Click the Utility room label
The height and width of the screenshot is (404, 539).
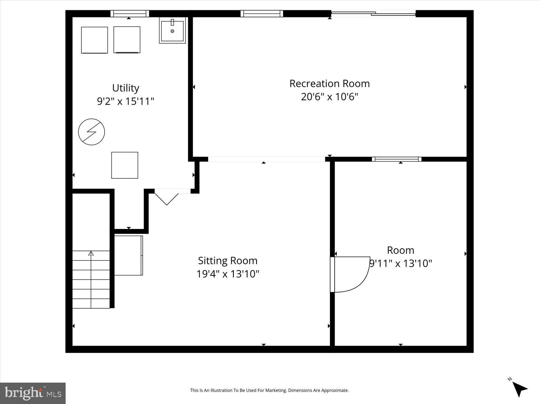tap(126, 88)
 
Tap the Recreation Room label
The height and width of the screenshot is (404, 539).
tap(329, 83)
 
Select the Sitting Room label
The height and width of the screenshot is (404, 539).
tap(227, 261)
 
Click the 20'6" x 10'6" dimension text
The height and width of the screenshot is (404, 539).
tap(329, 96)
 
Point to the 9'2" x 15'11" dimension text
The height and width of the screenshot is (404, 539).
tap(126, 101)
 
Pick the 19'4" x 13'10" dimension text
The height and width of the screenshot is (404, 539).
tap(227, 274)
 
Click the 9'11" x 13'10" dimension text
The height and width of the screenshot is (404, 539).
tap(401, 263)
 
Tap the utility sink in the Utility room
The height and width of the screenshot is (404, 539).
tap(172, 31)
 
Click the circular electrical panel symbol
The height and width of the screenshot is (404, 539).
tap(91, 132)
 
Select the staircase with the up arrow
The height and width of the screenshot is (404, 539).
tap(91, 279)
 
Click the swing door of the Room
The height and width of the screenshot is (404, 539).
tap(350, 274)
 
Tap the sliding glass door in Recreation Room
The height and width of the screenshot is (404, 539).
tap(373, 14)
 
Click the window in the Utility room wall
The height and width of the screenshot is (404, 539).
tap(130, 14)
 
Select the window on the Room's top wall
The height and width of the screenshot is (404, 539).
tap(397, 159)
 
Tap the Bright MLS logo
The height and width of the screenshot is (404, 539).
tap(33, 393)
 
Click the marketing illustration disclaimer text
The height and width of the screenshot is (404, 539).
tap(269, 390)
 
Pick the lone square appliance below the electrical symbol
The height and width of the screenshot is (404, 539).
tap(125, 165)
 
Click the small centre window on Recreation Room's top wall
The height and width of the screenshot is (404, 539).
tap(261, 14)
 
